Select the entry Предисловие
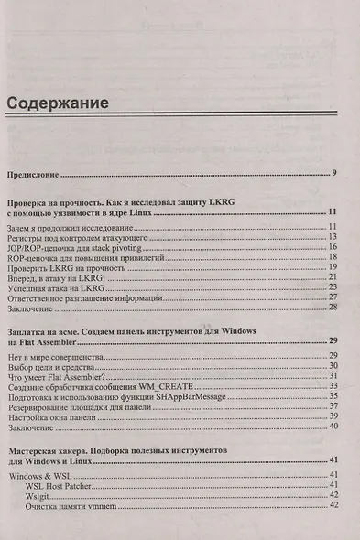35,172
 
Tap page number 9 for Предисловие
336,172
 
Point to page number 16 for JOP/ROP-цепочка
334,247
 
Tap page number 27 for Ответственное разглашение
334,297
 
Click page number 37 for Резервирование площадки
334,406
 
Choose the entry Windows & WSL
36,475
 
